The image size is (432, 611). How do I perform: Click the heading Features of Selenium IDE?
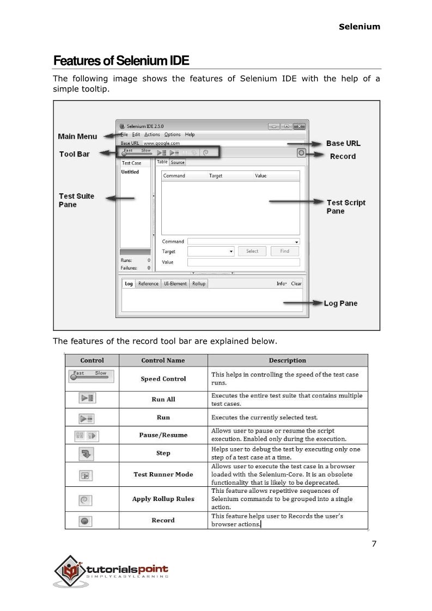coord(120,60)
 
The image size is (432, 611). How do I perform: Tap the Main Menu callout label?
coord(77,136)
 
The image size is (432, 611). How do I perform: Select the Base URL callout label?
coord(343,143)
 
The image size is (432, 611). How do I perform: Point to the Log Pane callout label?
coord(340,303)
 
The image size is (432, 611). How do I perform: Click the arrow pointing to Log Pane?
coord(311,303)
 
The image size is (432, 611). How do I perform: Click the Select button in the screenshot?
coord(252,251)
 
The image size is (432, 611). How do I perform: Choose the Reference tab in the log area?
coord(148,284)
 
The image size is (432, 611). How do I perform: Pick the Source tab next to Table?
coord(178,162)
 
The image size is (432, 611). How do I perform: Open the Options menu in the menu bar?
coord(172,135)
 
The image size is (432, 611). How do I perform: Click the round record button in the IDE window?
coord(301,154)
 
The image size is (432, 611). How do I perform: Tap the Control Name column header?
coord(163,361)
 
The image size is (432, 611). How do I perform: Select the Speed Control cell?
coord(163,379)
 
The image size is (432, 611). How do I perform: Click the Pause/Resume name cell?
coord(163,435)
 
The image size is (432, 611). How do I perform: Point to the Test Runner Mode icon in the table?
coord(85,475)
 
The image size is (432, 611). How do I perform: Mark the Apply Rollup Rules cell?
coord(163,499)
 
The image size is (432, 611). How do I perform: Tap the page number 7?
coord(374,543)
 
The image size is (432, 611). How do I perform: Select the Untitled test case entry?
coord(130,172)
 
